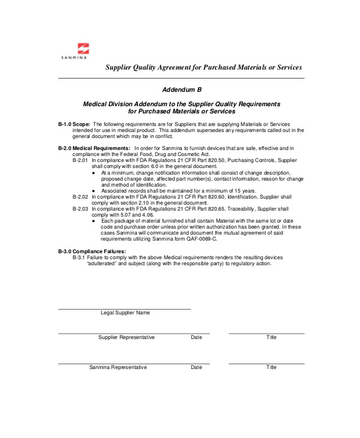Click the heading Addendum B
pos(181,89)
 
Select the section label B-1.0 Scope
pos(74,124)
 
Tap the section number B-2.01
pos(80,161)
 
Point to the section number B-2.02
pos(80,197)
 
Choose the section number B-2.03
pos(80,209)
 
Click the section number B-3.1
pos(79,257)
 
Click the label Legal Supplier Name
pos(125,313)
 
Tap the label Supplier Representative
pos(126,337)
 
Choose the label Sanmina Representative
pos(118,367)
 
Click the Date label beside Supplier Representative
pos(196,337)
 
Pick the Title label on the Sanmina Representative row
pos(271,367)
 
